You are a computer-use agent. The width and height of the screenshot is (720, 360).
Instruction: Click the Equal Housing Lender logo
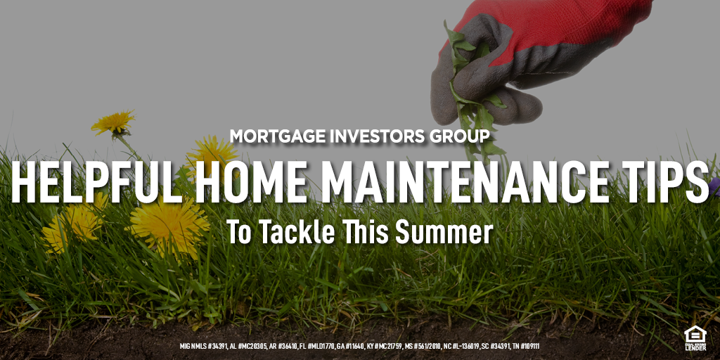(x=695, y=338)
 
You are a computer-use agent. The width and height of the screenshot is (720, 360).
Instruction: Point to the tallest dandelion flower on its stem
(x=113, y=122)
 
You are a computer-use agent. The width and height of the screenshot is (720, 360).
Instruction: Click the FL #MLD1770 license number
(x=317, y=346)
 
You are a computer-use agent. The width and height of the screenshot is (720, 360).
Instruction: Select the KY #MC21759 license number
(x=383, y=346)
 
